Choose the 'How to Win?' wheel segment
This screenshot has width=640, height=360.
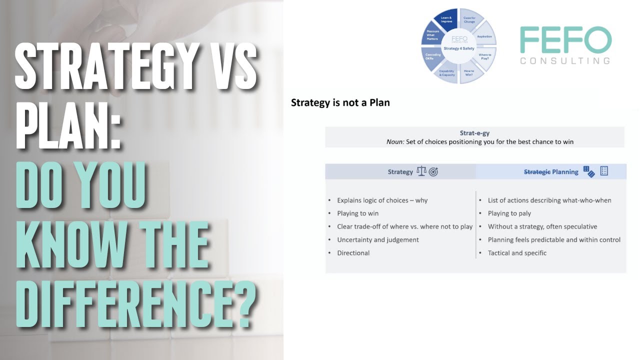click(469, 72)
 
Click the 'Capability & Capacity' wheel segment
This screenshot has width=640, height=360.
click(446, 73)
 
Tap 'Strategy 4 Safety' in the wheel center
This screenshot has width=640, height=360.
click(458, 48)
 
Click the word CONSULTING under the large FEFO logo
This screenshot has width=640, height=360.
click(565, 61)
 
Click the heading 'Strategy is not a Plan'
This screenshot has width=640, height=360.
click(340, 103)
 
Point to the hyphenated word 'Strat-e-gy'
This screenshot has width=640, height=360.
click(474, 133)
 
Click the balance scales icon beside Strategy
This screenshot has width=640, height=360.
click(421, 171)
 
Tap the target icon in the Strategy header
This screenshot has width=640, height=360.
click(433, 172)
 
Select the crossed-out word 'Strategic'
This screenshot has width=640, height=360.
click(537, 172)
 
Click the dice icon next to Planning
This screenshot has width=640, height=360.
click(589, 171)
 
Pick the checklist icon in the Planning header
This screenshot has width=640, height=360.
click(604, 171)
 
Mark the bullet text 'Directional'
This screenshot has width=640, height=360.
click(353, 253)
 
